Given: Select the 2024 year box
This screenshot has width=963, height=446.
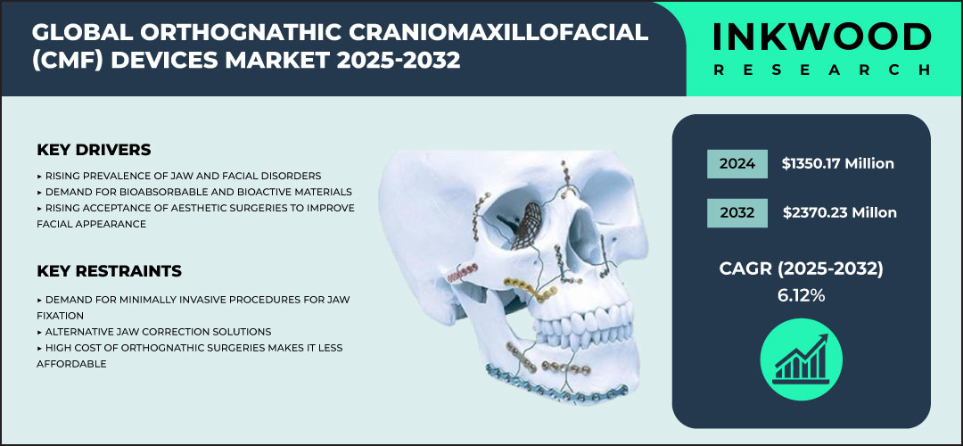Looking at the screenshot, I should (737, 163).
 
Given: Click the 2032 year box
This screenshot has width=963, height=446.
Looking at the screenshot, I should (737, 212).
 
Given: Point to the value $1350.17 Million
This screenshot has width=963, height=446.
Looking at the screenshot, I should (837, 163).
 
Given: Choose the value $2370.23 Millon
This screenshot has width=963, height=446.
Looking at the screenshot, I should (839, 212).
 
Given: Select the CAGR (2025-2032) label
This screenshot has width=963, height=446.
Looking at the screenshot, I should (800, 268).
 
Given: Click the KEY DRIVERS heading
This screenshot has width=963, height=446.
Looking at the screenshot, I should (94, 149).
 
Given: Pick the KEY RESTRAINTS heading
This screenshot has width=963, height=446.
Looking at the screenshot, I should (110, 270).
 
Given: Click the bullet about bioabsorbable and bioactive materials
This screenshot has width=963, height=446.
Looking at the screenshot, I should (194, 192).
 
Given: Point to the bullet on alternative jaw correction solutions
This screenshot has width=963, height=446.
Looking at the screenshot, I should (153, 331).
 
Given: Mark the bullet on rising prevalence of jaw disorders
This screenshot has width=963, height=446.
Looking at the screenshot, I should (178, 176).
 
